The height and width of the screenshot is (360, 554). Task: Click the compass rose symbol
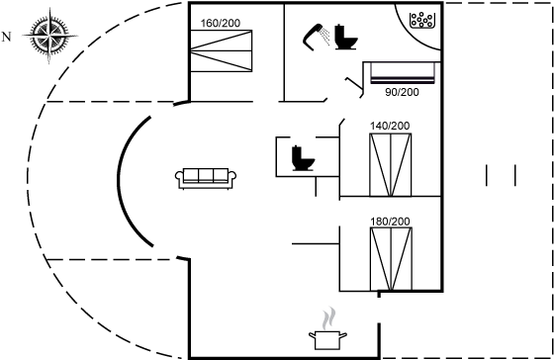click(x=49, y=36)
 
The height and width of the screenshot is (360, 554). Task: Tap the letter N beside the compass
click(x=6, y=37)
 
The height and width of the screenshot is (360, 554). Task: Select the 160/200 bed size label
click(x=221, y=24)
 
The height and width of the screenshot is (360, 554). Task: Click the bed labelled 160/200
click(x=222, y=50)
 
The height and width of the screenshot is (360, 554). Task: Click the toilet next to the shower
click(x=345, y=38)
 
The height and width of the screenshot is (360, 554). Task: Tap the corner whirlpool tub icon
click(x=421, y=20)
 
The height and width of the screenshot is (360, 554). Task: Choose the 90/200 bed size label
click(x=402, y=92)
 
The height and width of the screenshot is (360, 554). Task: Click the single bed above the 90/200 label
click(x=403, y=73)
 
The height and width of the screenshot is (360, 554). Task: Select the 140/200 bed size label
click(x=390, y=126)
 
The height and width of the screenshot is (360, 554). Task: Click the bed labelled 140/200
click(x=391, y=164)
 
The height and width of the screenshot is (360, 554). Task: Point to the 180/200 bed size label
click(x=390, y=222)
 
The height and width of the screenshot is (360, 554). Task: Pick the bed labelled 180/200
click(x=391, y=259)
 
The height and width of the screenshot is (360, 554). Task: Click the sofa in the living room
click(x=206, y=178)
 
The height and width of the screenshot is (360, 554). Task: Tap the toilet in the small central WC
click(x=303, y=158)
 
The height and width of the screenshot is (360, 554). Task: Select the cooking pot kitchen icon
click(x=327, y=340)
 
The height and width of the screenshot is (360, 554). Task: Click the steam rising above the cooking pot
click(x=328, y=318)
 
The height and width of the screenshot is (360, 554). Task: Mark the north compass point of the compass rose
click(x=24, y=36)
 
